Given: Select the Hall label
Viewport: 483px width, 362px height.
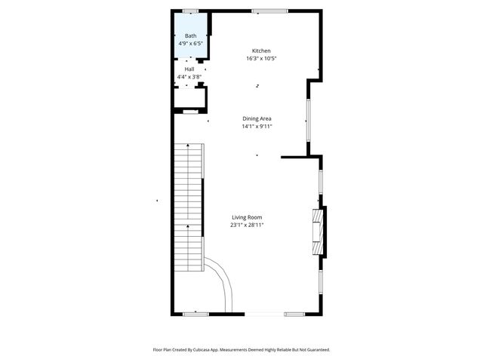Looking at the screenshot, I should (x=189, y=69).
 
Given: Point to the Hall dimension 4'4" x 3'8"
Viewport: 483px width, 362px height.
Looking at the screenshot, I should (x=189, y=77).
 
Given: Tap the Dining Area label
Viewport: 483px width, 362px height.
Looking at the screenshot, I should (x=257, y=118).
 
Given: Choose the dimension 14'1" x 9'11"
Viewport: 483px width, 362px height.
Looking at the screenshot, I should (x=257, y=127).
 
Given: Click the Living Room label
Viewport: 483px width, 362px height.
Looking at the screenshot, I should (x=247, y=217).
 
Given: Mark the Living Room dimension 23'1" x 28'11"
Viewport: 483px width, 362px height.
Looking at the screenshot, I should (x=247, y=225).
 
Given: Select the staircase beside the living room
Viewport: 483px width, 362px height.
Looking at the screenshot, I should (x=189, y=204).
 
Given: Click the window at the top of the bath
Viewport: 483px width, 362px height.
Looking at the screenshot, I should (x=190, y=11).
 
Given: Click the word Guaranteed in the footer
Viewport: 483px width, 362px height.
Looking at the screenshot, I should (x=315, y=350).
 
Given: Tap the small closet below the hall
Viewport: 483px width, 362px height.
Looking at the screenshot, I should (x=189, y=98).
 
